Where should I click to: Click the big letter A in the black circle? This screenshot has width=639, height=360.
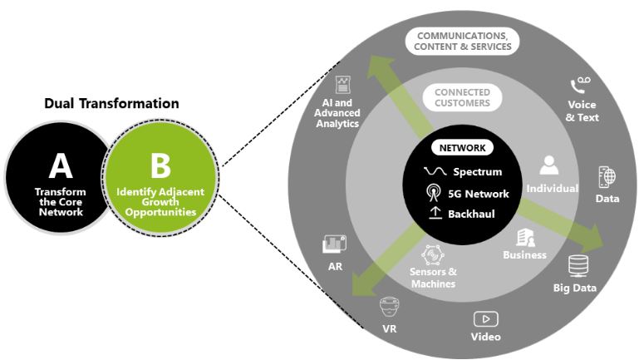[x=60, y=165]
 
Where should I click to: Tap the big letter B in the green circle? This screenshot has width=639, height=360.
[x=160, y=165]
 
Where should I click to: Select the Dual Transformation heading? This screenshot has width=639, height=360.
[x=111, y=104]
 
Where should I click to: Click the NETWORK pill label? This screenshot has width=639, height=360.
[x=462, y=148]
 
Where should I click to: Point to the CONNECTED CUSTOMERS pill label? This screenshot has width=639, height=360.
[x=461, y=97]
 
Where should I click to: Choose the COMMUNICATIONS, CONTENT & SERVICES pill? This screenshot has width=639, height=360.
[x=464, y=42]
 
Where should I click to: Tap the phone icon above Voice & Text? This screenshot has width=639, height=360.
[x=581, y=86]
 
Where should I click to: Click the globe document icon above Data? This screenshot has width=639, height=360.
[x=607, y=176]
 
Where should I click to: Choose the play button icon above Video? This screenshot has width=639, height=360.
[x=485, y=319]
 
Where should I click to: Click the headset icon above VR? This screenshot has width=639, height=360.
[x=388, y=307]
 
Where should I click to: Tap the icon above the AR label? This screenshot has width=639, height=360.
[x=335, y=244]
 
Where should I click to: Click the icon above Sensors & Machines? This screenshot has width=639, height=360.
[x=433, y=254]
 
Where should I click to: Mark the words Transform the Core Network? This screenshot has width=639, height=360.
[x=60, y=200]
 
